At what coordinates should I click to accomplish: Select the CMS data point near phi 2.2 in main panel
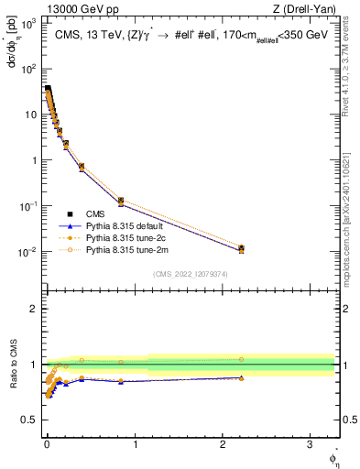(x=241, y=248)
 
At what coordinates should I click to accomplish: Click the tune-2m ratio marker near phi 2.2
(x=241, y=359)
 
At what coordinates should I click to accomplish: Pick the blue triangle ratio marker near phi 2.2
(x=241, y=377)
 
